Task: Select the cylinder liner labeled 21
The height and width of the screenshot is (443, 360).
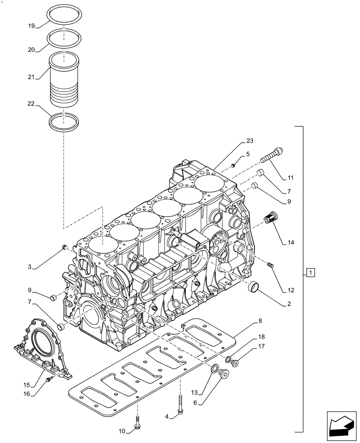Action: pyautogui.click(x=64, y=80)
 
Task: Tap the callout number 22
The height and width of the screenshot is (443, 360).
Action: pyautogui.click(x=31, y=104)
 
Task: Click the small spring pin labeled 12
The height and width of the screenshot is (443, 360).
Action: pyautogui.click(x=273, y=265)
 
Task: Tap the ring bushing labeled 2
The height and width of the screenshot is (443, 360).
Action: pyautogui.click(x=255, y=287)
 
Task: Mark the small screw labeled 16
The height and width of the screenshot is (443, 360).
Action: pyautogui.click(x=50, y=378)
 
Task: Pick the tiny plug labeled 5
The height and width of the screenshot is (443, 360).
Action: pyautogui.click(x=232, y=166)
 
